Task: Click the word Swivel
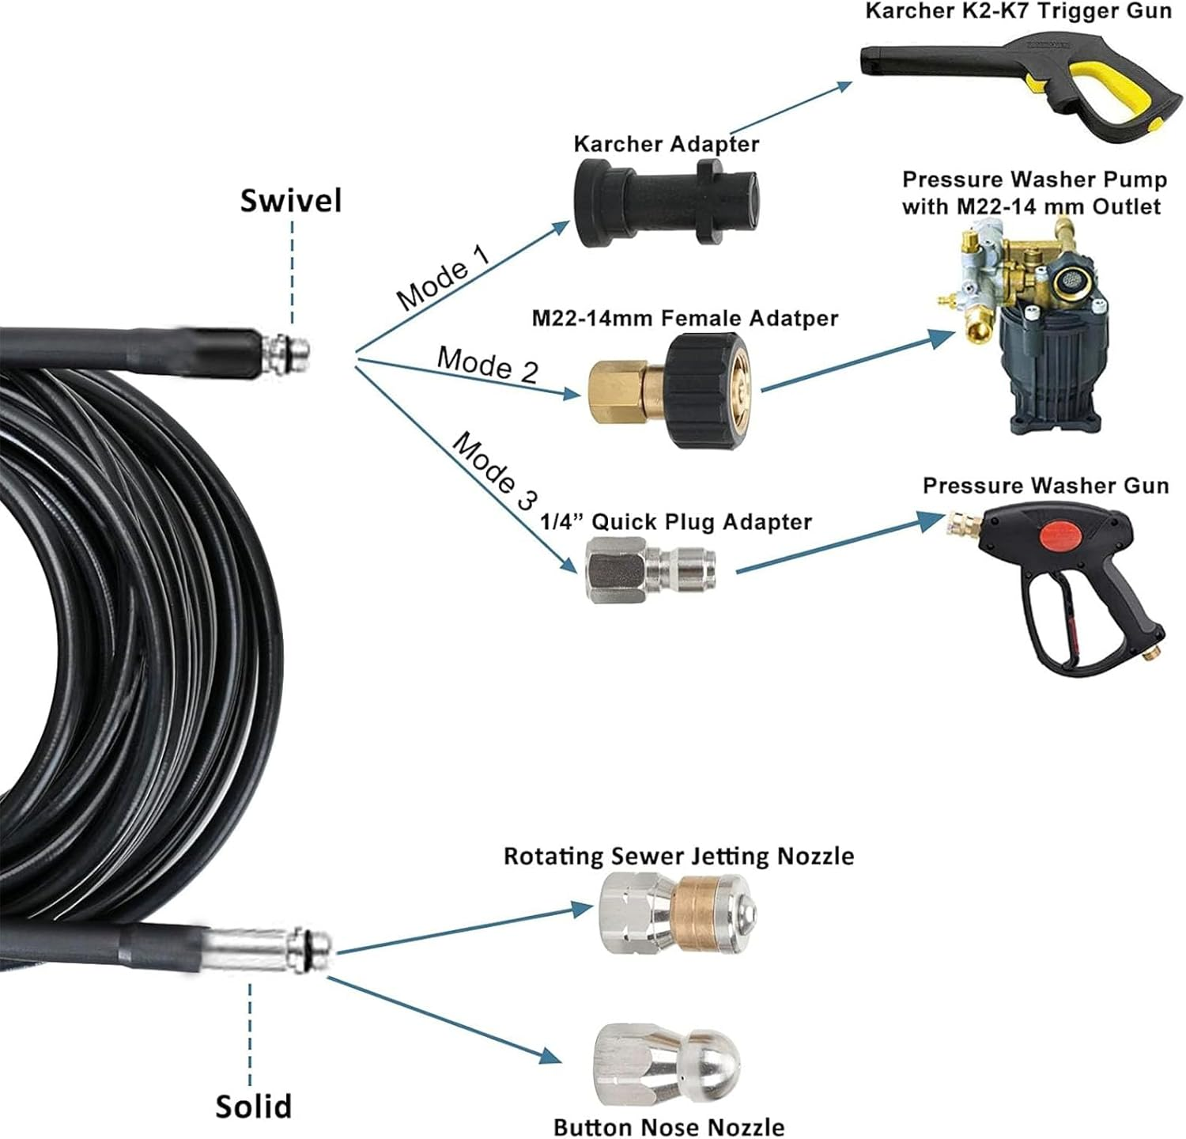(x=291, y=200)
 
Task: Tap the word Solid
(x=253, y=1105)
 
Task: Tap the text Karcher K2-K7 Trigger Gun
(x=1018, y=11)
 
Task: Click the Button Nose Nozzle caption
(x=669, y=1126)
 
